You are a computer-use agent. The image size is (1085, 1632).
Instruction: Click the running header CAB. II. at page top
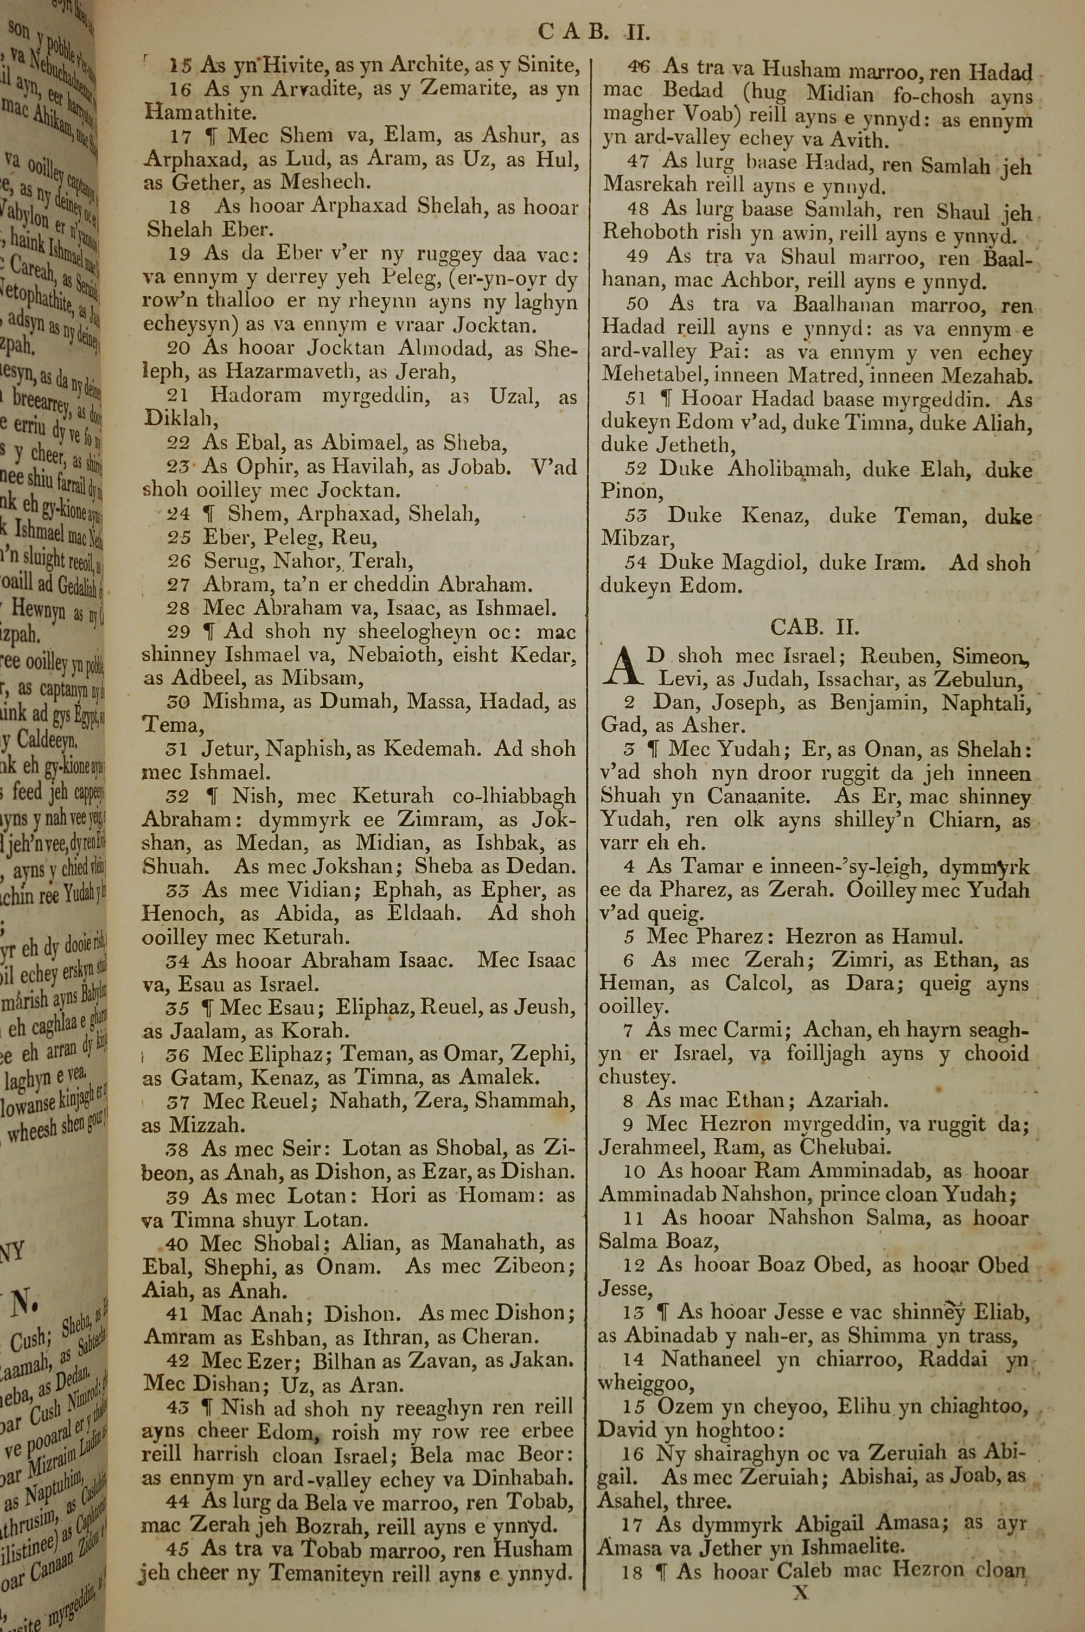(593, 32)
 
